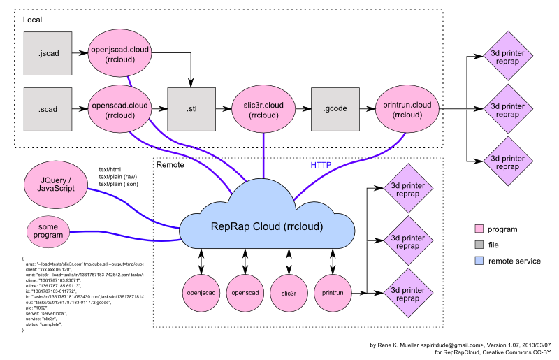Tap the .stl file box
point(191,109)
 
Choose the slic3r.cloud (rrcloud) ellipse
point(263,109)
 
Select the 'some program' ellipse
point(50,231)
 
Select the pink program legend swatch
point(479,229)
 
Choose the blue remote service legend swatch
point(479,261)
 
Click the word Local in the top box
point(33,20)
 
